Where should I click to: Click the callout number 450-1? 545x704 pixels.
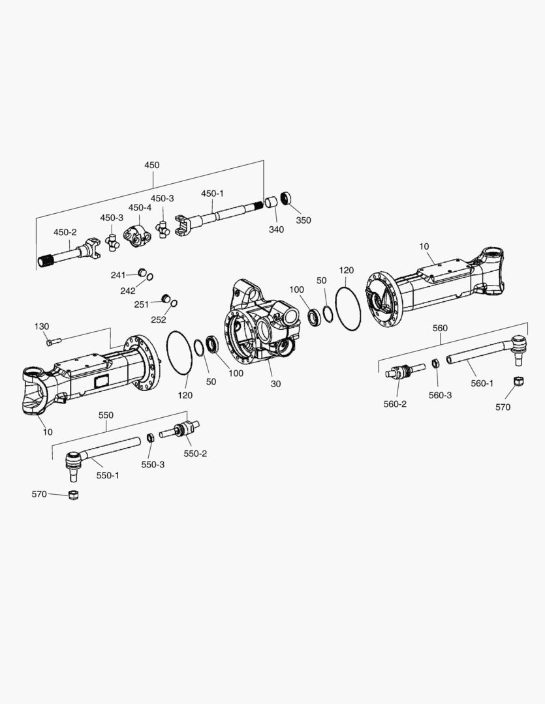212,194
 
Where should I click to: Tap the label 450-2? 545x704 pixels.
65,232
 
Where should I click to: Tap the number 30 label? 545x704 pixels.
275,384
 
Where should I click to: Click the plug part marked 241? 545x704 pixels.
140,272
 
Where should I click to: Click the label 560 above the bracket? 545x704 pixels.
441,328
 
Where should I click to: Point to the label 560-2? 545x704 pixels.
395,403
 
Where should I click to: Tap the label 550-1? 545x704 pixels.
108,475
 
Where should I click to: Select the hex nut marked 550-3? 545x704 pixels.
149,437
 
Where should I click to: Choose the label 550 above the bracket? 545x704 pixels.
106,415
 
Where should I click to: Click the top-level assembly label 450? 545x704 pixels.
151,165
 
